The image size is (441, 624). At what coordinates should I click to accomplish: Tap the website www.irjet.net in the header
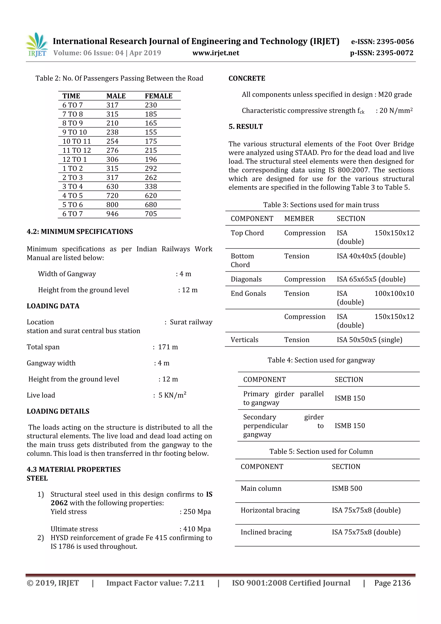(216, 53)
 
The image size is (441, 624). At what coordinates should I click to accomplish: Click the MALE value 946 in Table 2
(112, 214)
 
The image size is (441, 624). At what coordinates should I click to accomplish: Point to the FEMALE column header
(158, 96)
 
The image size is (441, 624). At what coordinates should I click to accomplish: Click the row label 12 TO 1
(75, 160)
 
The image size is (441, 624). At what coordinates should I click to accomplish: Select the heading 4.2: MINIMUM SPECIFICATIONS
(80, 232)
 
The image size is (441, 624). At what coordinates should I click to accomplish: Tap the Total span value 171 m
(168, 347)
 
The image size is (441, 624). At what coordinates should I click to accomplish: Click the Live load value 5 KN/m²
(172, 395)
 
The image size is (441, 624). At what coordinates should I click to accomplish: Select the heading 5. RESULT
(246, 127)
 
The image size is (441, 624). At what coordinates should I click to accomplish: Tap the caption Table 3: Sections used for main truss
(321, 205)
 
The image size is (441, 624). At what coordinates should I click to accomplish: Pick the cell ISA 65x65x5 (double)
(371, 279)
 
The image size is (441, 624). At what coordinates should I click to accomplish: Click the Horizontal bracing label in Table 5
(270, 510)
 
